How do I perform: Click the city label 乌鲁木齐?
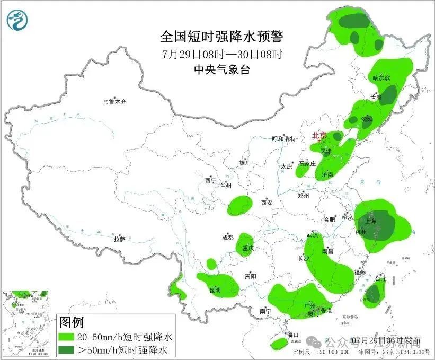(115, 101)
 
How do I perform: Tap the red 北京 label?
(319, 136)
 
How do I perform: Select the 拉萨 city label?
(119, 239)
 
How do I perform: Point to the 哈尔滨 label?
(381, 78)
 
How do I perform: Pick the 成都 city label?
(228, 238)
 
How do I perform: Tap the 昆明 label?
(215, 290)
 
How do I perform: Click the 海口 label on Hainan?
(293, 335)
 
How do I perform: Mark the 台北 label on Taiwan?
(380, 278)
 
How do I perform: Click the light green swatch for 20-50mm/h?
(67, 337)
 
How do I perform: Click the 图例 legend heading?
(71, 322)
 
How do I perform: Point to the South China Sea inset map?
(26, 323)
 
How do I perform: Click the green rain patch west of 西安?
(240, 205)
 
